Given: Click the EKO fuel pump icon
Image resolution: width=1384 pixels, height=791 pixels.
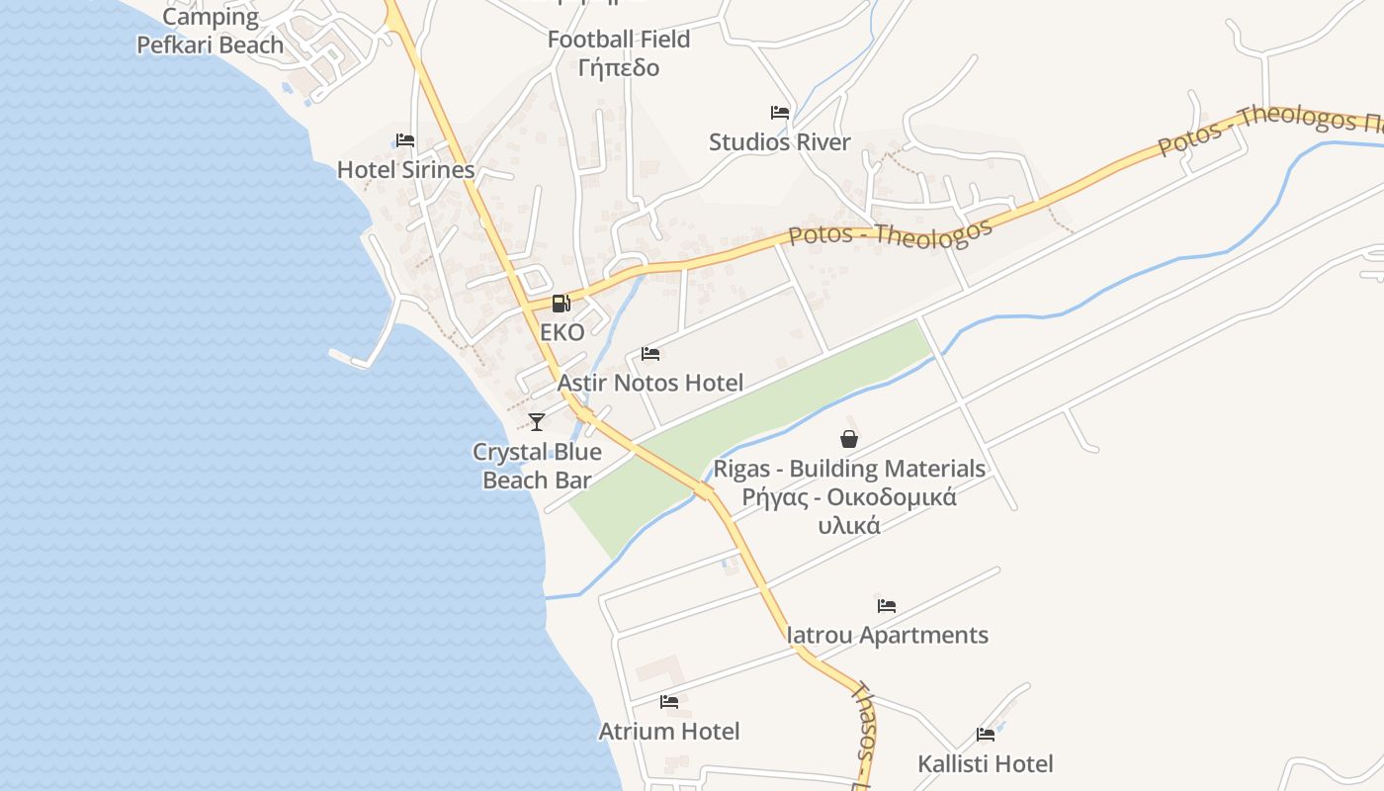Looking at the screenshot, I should pyautogui.click(x=561, y=304).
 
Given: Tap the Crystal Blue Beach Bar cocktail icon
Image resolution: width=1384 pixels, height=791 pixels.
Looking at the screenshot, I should pyautogui.click(x=537, y=422).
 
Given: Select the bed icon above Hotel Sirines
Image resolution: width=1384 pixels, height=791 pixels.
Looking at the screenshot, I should pyautogui.click(x=405, y=140).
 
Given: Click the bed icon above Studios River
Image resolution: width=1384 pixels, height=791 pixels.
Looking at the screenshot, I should pyautogui.click(x=780, y=113).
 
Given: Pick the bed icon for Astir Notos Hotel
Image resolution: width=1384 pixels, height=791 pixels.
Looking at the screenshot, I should pyautogui.click(x=650, y=354).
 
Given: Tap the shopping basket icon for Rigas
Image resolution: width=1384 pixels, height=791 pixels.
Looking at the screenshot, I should pyautogui.click(x=849, y=439).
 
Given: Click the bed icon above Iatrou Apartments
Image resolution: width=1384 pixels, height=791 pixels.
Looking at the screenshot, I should pyautogui.click(x=887, y=606).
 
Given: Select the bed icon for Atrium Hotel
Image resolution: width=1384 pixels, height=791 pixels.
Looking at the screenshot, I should pyautogui.click(x=669, y=702).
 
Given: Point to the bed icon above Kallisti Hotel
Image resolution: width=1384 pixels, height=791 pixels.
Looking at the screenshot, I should pyautogui.click(x=986, y=735).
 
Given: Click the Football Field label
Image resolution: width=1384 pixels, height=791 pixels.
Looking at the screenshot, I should pyautogui.click(x=619, y=41).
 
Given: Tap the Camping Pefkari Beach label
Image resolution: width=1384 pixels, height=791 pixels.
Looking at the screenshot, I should pyautogui.click(x=210, y=31).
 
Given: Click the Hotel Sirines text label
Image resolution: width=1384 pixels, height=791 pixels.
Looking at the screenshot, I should pyautogui.click(x=406, y=170).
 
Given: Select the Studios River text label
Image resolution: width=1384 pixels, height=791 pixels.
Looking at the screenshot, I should pyautogui.click(x=780, y=142).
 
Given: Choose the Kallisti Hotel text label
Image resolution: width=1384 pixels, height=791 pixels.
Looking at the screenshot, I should pyautogui.click(x=986, y=764).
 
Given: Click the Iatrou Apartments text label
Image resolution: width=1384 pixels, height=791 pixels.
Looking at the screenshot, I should pyautogui.click(x=887, y=636).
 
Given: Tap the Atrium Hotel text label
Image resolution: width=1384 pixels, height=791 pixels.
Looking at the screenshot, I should pyautogui.click(x=669, y=732).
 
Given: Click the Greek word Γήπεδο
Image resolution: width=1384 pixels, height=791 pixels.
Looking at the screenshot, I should pyautogui.click(x=619, y=68).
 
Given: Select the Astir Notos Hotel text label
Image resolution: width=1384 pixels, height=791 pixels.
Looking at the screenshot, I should pyautogui.click(x=650, y=383).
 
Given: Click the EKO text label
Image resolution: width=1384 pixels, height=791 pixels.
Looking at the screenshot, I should pyautogui.click(x=562, y=332).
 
